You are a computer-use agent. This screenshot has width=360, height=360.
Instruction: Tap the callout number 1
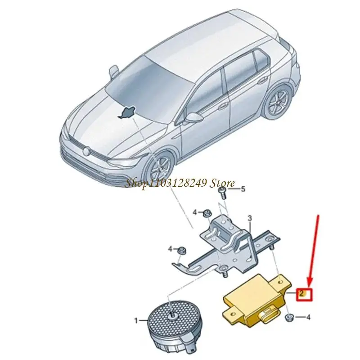point(136,320)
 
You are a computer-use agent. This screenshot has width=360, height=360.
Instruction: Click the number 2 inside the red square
point(301,293)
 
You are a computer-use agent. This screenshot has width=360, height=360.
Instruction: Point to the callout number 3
point(250,218)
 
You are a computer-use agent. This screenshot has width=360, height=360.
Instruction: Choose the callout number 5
point(243,189)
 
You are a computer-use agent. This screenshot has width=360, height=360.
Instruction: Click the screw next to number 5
point(223,193)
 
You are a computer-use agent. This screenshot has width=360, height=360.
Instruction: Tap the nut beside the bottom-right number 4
point(288,318)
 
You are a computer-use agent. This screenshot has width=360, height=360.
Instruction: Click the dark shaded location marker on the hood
point(127,113)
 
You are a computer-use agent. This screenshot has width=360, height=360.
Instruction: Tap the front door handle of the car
point(222,106)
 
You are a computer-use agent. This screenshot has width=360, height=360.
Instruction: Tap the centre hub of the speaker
point(171,316)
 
